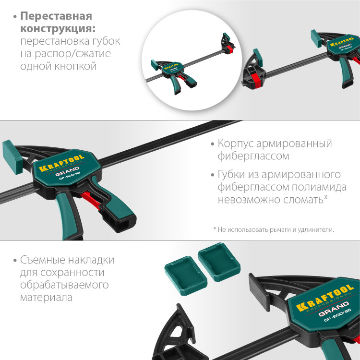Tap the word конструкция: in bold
point(57,29)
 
